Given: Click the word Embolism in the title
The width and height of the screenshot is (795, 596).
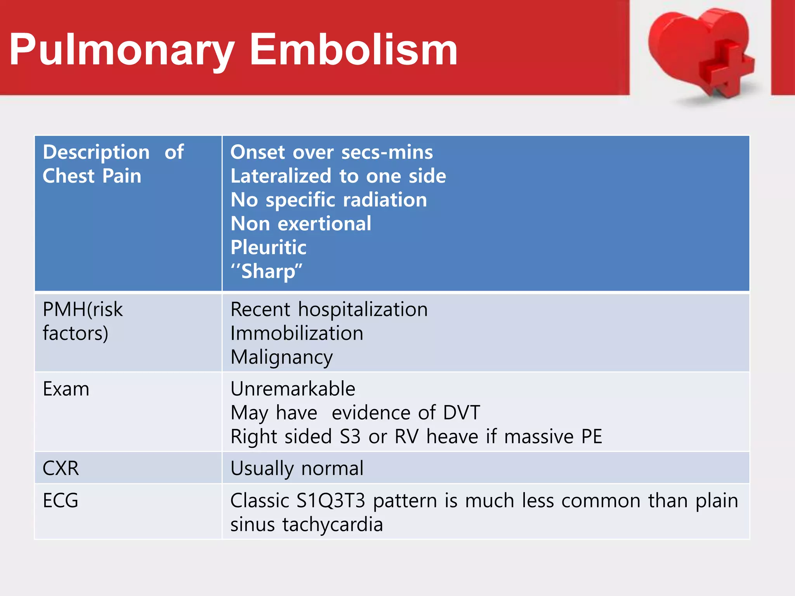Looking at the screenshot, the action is (353, 50).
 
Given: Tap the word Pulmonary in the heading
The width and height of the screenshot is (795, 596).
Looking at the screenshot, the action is (122, 50).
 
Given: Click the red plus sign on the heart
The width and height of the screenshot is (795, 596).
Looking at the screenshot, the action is (726, 68).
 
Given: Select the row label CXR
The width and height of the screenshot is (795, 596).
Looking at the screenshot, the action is (61, 468).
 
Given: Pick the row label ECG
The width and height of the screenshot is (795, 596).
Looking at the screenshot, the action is (61, 501).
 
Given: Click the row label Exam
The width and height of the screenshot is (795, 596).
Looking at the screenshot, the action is (66, 389).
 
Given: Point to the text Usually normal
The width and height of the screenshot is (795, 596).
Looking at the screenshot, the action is (297, 468).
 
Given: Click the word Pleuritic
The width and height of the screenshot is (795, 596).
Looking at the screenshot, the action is (268, 248).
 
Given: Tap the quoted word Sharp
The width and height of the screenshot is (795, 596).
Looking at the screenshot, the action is (267, 271).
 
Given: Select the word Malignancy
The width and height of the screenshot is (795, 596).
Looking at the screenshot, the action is (281, 357).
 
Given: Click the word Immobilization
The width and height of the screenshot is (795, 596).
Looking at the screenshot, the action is (297, 333).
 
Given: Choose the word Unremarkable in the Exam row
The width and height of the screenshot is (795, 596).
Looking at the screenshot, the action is (293, 389).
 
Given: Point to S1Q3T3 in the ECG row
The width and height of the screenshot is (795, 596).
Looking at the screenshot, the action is (331, 501).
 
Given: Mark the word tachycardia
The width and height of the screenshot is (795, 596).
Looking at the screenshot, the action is (332, 525).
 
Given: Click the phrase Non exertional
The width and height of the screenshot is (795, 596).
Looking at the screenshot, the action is (301, 223).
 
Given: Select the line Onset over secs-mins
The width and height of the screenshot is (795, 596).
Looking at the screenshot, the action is (332, 152).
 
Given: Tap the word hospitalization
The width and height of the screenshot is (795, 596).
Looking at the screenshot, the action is (363, 310).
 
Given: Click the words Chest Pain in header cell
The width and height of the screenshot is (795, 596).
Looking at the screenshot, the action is (92, 176).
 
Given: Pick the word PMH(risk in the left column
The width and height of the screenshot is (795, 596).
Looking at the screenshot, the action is (83, 310).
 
